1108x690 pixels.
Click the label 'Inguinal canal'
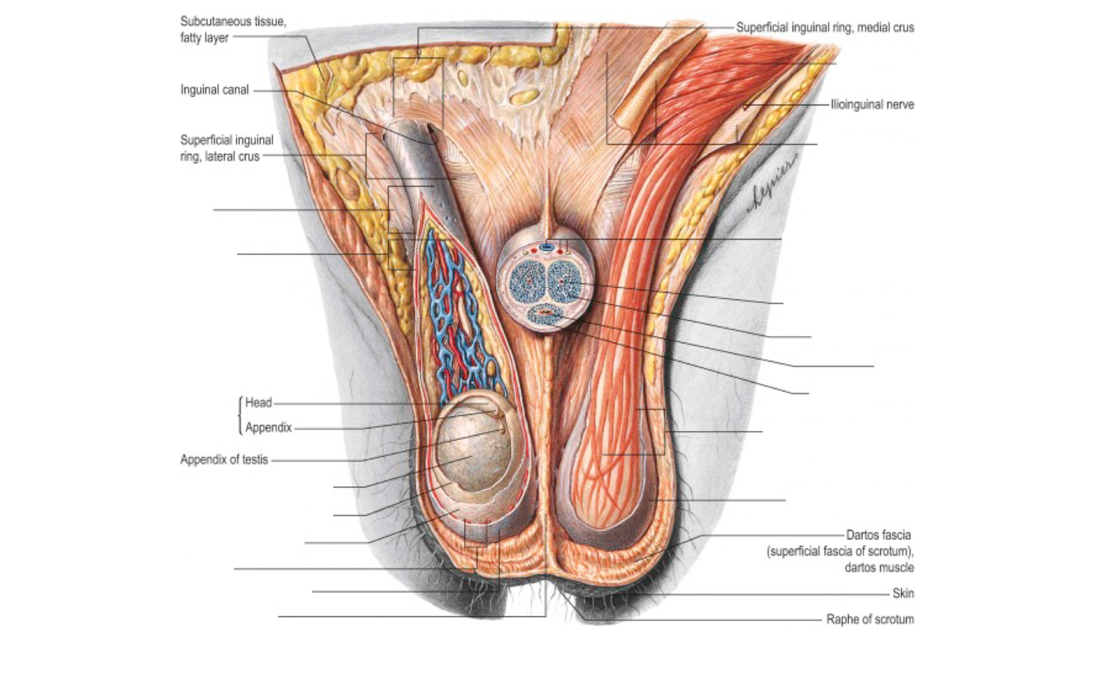pos(214,90)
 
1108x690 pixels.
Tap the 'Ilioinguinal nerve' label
pos(872,105)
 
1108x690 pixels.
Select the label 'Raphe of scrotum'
pos(870,619)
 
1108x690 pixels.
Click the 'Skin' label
pos(903,594)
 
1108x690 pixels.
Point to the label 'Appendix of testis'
pos(224,459)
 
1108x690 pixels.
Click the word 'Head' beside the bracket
pos(258,403)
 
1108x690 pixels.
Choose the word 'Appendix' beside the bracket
pos(268,428)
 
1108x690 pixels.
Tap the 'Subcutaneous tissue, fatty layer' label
pos(233,29)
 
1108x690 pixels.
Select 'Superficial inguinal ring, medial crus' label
pos(825,27)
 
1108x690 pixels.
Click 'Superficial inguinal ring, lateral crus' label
pos(226,148)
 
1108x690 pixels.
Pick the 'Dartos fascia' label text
pos(879,536)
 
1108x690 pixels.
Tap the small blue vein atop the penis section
pos(547,247)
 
